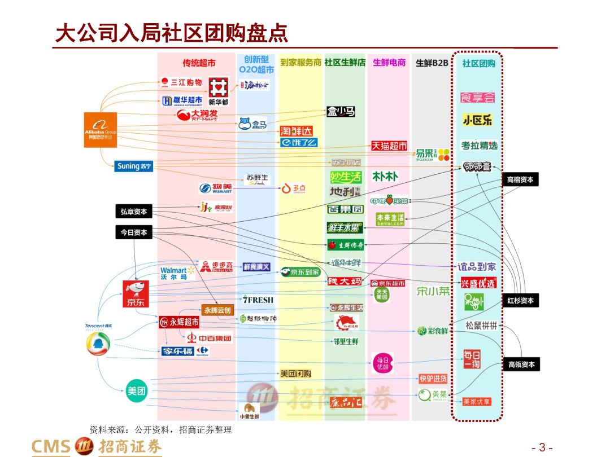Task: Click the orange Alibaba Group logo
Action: pos(101,130)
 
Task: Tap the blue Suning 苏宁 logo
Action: pos(133,166)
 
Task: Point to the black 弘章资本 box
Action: pos(134,212)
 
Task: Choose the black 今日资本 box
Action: pos(134,232)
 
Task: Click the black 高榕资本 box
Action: pos(520,180)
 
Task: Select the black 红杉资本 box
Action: pos(520,301)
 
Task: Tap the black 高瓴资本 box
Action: pos(520,364)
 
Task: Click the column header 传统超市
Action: pos(199,63)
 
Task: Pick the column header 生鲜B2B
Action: pos(432,63)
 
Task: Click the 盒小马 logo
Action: pos(341,112)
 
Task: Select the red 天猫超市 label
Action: pos(389,146)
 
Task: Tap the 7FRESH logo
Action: pos(258,300)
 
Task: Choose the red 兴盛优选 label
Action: pos(478,283)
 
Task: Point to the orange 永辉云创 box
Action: pos(217,310)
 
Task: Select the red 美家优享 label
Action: pos(477,402)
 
